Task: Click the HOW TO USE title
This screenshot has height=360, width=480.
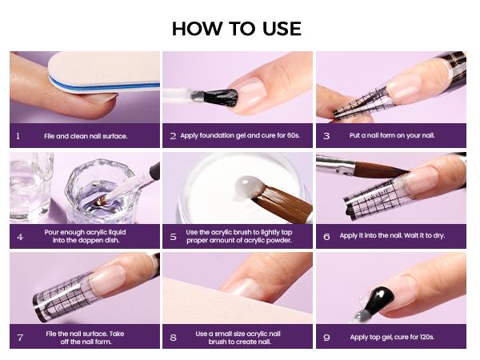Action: pos(236,29)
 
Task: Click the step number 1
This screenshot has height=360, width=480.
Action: pos(18,136)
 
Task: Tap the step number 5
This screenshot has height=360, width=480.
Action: pos(173,236)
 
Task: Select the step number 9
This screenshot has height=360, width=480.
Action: pos(326,337)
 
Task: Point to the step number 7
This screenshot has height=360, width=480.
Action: pos(18,337)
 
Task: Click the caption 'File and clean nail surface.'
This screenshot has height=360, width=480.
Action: pos(86,136)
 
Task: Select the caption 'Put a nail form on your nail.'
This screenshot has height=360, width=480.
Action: pos(391,136)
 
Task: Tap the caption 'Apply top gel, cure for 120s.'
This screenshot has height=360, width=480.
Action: pos(391,337)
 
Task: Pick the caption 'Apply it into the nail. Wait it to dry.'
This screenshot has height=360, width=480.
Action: pos(392,236)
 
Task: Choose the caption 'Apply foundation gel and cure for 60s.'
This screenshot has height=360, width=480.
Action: pos(238,136)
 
